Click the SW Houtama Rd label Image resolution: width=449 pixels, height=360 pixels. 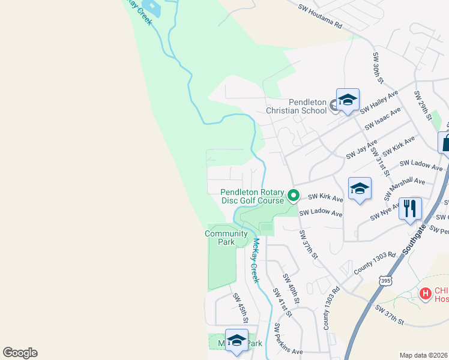[x=320, y=17]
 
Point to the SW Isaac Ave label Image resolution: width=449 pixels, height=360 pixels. [x=382, y=119]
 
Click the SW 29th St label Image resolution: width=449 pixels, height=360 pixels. [x=423, y=105]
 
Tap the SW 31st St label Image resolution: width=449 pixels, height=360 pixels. [x=378, y=158]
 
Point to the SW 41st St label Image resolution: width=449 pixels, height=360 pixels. [x=282, y=302]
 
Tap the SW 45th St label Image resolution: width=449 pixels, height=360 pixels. [x=240, y=308]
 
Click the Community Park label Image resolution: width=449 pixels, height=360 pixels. [x=226, y=238]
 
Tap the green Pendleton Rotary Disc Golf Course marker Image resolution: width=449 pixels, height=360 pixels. [x=294, y=195]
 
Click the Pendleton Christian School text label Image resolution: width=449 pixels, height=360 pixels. [x=298, y=106]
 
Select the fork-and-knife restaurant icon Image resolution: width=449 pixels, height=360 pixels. [x=410, y=208]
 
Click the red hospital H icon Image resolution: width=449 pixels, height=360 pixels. [x=426, y=293]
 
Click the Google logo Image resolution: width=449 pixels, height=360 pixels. [x=20, y=353]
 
